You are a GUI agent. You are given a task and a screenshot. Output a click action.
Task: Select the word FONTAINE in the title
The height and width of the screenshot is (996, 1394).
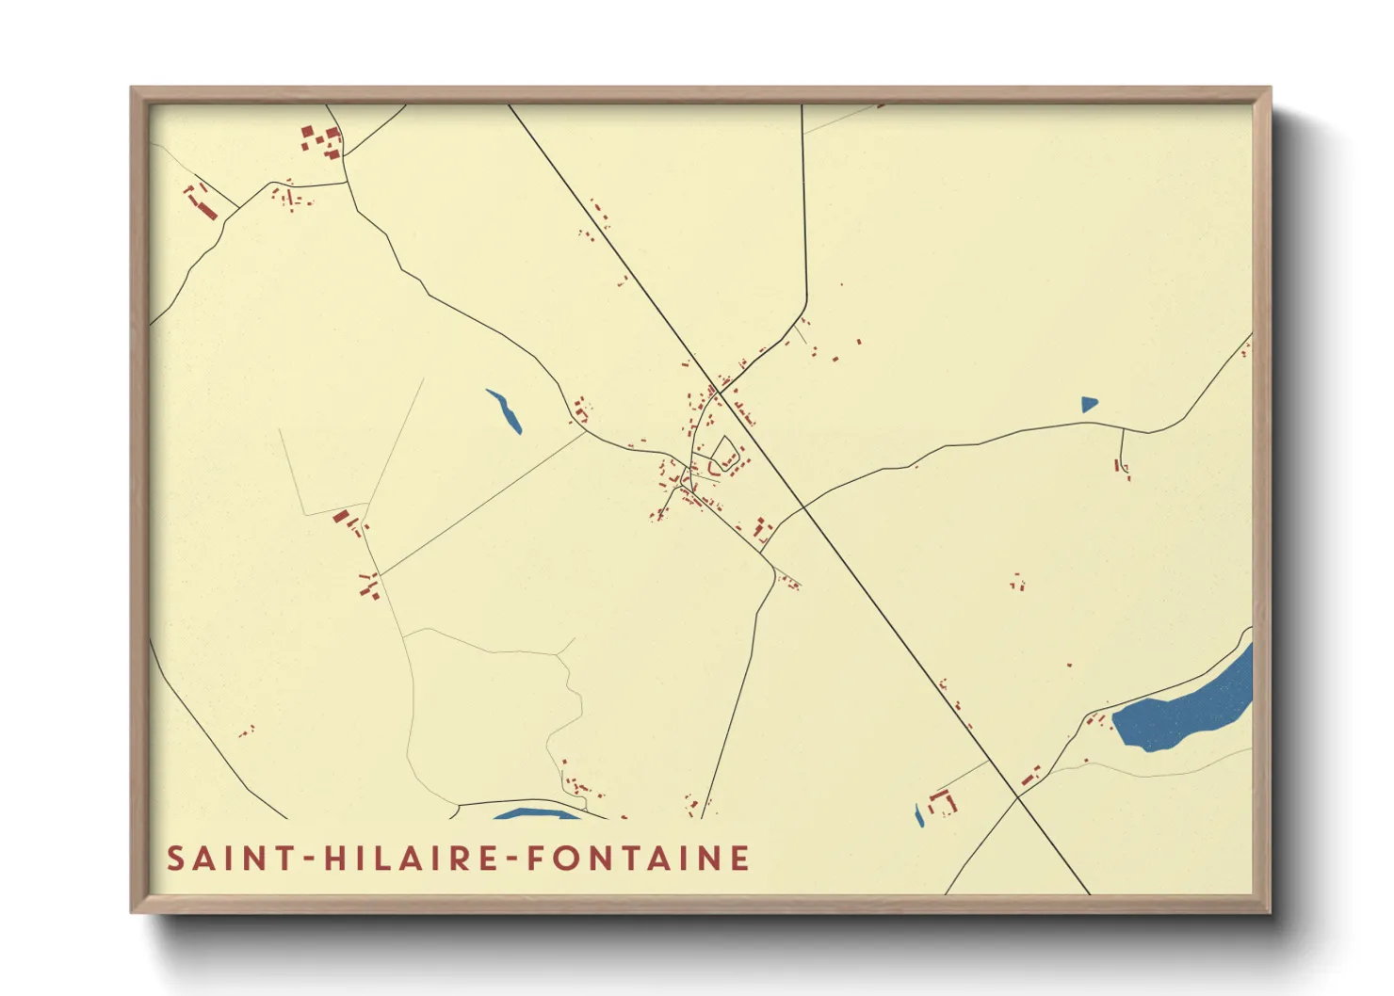[638, 859]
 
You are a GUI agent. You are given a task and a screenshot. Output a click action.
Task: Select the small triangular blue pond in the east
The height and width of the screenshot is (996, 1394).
[1089, 405]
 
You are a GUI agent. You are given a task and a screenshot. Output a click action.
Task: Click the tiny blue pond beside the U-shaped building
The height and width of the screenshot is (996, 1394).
[919, 815]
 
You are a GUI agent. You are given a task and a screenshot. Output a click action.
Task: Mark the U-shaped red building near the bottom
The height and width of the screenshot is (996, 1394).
[942, 804]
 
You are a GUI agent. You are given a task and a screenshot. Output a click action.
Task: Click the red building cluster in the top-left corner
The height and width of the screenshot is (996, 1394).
[321, 141]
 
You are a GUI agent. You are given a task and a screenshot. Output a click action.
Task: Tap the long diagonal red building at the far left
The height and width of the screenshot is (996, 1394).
[203, 202]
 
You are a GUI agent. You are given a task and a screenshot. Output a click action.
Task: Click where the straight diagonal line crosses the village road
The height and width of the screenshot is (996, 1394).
[718, 389]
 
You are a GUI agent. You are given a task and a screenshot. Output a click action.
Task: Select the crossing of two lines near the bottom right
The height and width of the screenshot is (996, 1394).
[1017, 797]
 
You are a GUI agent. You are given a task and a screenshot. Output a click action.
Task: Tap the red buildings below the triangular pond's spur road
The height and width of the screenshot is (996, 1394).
[1123, 468]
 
